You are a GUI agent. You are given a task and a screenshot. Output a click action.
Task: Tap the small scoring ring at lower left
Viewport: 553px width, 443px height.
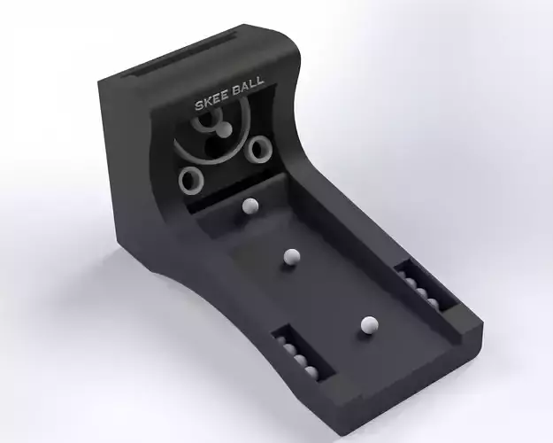(189, 182)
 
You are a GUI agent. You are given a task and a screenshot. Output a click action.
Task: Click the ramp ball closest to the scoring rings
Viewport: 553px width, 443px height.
(250, 206)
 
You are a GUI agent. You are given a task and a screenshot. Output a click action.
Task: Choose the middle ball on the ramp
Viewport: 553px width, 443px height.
(289, 257)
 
